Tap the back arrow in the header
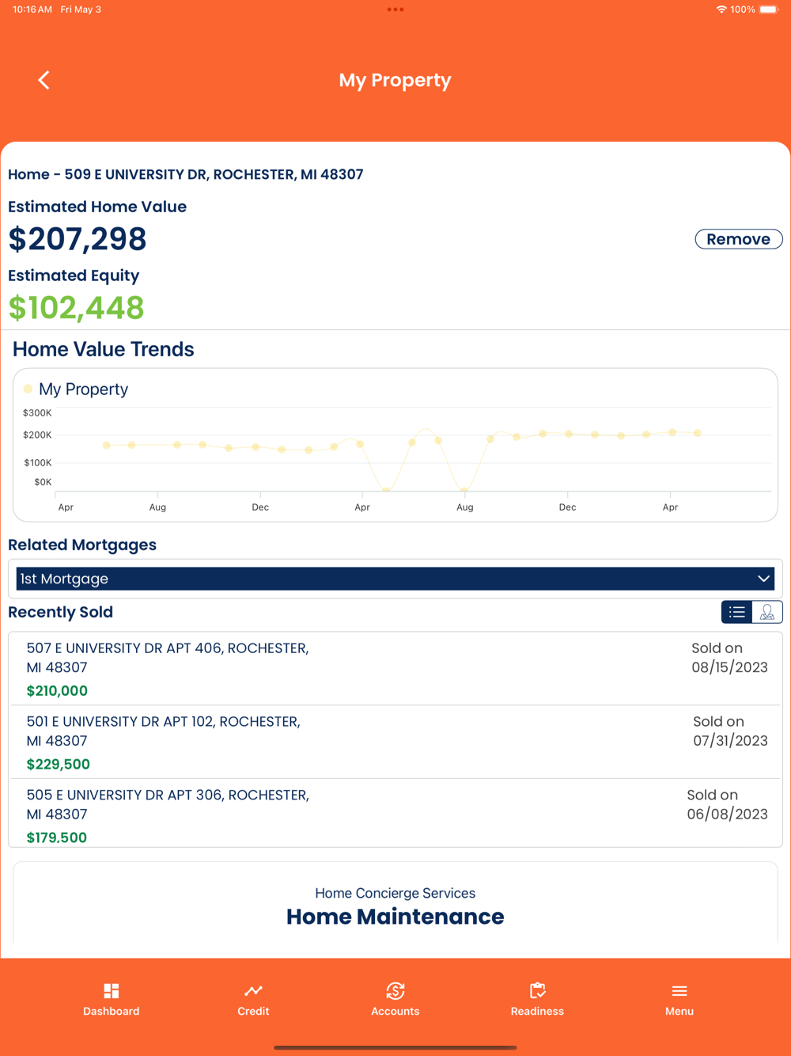44,80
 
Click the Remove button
738,239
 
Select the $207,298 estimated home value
78,239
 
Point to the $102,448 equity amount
76,308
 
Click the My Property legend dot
28,389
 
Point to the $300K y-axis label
37,413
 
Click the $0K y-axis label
43,482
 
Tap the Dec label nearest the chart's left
260,507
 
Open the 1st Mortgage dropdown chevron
763,579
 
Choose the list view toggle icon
737,612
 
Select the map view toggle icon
767,612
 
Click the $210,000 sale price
57,691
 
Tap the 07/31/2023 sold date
730,741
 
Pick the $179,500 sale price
57,838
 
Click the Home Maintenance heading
395,917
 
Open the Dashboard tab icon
112,991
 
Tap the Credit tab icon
253,991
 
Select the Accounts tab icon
395,991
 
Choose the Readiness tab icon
538,991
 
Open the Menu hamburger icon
679,991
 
